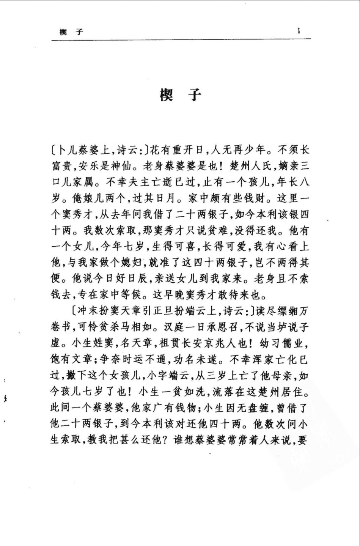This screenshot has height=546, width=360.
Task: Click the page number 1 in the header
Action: click(299, 31)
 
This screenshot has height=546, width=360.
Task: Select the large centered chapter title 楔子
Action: click(180, 95)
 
